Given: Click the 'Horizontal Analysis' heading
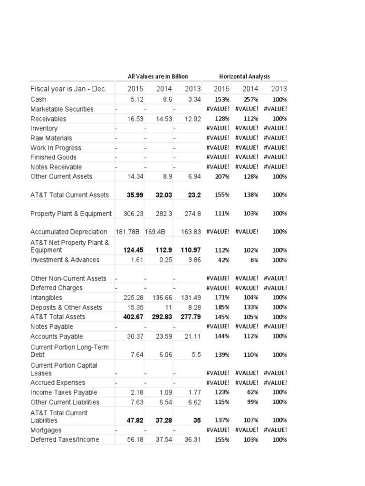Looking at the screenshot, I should pyautogui.click(x=244, y=76).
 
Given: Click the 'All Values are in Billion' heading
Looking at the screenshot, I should pyautogui.click(x=158, y=76).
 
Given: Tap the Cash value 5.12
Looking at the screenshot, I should pyautogui.click(x=136, y=100).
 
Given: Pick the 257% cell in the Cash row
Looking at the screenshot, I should pyautogui.click(x=250, y=100).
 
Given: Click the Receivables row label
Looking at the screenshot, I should pyautogui.click(x=48, y=119).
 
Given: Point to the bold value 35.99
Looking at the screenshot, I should pyautogui.click(x=135, y=195).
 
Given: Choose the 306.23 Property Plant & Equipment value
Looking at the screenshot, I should pyautogui.click(x=134, y=214).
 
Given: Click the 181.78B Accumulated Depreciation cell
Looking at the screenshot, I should pyautogui.click(x=129, y=232).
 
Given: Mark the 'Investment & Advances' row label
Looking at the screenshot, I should pyautogui.click(x=65, y=260).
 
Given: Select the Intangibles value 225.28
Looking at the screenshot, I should pyautogui.click(x=134, y=298).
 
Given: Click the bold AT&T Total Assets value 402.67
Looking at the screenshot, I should pyautogui.click(x=134, y=317).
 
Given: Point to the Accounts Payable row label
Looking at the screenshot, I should pyautogui.click(x=57, y=336).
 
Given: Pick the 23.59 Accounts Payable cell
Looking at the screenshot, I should pyautogui.click(x=163, y=336).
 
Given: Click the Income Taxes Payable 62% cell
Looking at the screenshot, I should pyautogui.click(x=252, y=393).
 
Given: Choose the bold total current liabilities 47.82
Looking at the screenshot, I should pyautogui.click(x=135, y=421).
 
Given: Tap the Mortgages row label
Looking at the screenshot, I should pyautogui.click(x=46, y=430).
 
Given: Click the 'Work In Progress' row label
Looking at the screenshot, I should pyautogui.click(x=56, y=148).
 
